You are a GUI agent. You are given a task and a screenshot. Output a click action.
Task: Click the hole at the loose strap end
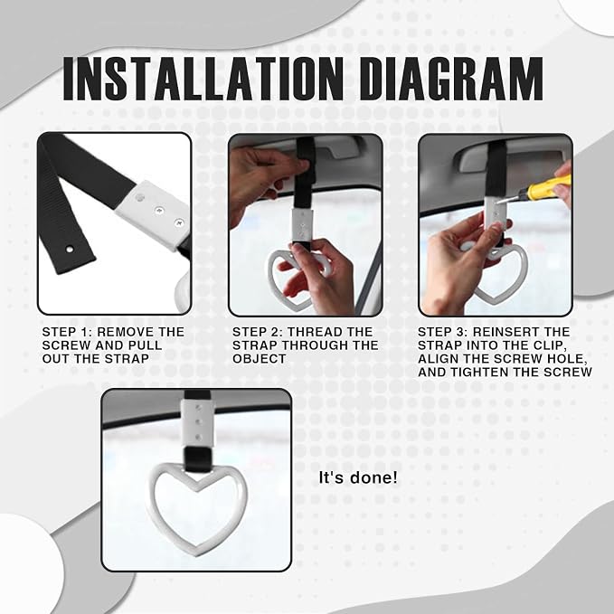[70, 249]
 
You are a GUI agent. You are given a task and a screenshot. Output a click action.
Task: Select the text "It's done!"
[358, 477]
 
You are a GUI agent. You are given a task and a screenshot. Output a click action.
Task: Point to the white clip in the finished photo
[198, 423]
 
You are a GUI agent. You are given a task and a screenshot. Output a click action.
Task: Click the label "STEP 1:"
[67, 332]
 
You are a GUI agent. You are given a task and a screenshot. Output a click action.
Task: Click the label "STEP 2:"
[258, 332]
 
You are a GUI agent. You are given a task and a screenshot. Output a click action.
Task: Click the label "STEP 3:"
[442, 332]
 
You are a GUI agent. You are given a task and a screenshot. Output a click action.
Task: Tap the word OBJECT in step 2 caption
[259, 359]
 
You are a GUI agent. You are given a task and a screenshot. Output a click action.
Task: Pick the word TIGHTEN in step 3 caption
[479, 373]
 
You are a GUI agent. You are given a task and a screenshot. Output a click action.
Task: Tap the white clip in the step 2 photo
[302, 225]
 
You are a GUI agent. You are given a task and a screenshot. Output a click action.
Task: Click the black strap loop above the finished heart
[198, 460]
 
